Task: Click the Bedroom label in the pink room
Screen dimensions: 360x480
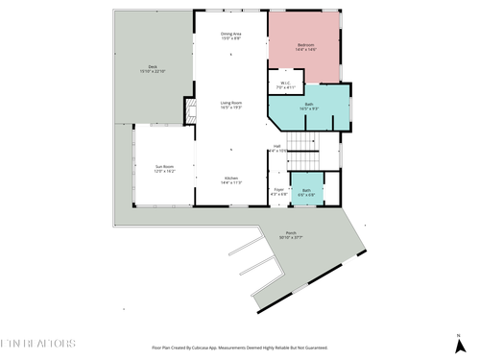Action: [305, 44]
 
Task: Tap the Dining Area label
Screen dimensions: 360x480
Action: [231, 35]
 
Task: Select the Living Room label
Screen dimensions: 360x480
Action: [231, 102]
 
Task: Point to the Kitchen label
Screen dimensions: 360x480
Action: [231, 178]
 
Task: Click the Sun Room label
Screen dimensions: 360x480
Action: [165, 166]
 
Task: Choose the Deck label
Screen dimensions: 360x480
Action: [153, 66]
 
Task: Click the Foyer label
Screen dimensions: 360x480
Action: [278, 190]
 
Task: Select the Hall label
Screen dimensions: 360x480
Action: [276, 146]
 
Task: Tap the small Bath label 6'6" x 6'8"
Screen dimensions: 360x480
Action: [306, 190]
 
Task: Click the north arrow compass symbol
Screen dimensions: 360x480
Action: [459, 340]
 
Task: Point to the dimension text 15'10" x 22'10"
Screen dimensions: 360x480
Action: [153, 71]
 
